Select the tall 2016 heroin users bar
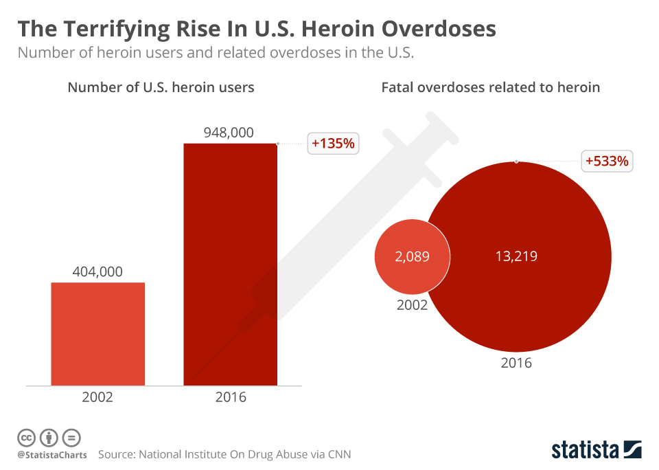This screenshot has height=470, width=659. pos(230,264)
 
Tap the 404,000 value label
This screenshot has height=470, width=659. pos(97,272)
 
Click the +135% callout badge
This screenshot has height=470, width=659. pos(333,144)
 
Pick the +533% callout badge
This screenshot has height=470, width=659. pos(607,161)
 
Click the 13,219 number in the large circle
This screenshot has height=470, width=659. pos(516,257)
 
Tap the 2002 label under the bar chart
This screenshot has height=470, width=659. pos(97,397)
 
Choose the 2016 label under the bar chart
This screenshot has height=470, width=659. pos(230,397)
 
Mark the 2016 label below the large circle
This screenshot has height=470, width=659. pos(516,363)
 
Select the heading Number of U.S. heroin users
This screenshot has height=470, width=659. pos(161,87)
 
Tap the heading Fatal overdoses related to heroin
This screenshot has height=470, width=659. pos(490,87)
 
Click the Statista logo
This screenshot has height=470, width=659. pos(596,450)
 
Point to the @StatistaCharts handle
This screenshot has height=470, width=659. pos(52,455)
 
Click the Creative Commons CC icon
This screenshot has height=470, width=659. pos(26,437)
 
